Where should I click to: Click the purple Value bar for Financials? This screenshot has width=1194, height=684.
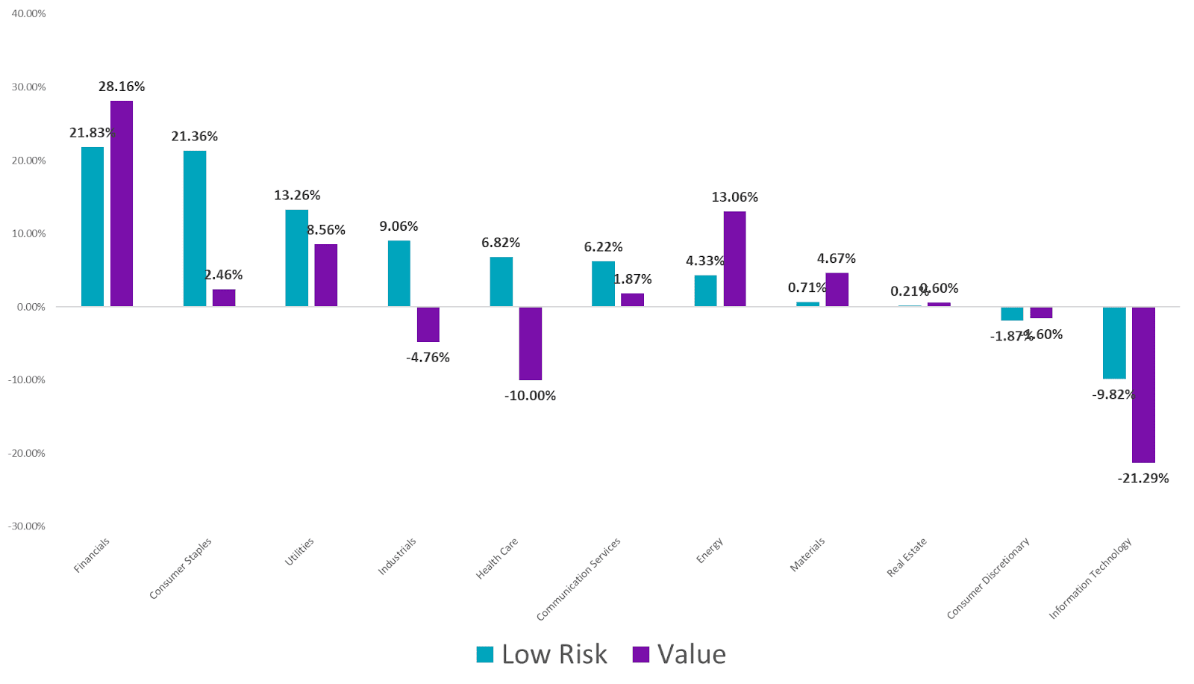pos(122,203)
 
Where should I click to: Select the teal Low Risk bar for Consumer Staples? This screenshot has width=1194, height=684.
pos(195,228)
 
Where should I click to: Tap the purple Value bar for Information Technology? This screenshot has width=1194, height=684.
pos(1143,385)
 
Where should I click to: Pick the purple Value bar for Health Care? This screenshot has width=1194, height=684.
pos(531,343)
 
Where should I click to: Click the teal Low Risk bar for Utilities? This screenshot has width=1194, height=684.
pos(296,258)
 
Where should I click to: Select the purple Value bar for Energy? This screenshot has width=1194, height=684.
pos(734,258)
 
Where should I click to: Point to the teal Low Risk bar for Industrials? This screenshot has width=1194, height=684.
pos(398,273)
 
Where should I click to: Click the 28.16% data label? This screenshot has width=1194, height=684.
pos(122,87)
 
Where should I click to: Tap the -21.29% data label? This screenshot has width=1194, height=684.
pos(1143,479)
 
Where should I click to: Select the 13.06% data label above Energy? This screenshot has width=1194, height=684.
pos(734,197)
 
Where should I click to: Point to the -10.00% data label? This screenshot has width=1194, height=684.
pos(530,396)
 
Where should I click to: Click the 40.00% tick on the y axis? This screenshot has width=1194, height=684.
pos(28,13)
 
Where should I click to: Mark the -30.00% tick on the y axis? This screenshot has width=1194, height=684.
pos(27,526)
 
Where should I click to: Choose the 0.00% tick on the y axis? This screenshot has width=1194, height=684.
pos(30,307)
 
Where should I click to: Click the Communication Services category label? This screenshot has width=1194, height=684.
pos(578,579)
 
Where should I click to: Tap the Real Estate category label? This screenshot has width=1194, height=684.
pos(907,557)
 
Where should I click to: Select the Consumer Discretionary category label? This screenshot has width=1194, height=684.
pos(988,578)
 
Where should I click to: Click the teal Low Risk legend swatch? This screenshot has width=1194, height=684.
pos(485,655)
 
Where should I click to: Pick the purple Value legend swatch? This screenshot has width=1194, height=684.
pos(640,655)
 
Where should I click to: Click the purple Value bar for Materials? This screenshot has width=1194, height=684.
pos(837,290)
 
